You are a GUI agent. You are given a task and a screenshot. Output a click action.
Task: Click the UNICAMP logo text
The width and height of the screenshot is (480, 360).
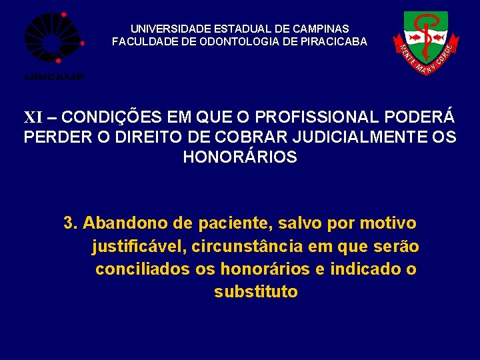point(54,77)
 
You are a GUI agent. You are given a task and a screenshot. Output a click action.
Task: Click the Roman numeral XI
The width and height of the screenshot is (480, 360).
point(33,118)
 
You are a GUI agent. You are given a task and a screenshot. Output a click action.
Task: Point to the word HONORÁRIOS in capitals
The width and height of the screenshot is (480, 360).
point(240,158)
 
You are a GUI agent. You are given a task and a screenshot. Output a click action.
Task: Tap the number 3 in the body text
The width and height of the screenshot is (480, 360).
point(69,223)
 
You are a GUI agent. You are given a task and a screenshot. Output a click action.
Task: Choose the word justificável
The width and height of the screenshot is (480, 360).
point(139,247)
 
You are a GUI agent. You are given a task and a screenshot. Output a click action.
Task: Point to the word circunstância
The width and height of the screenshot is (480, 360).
point(248,247)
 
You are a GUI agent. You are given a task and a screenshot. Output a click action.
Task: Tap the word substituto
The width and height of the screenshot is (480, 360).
point(256,292)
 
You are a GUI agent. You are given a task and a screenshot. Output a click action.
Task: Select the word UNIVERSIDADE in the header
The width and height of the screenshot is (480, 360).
point(171,29)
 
